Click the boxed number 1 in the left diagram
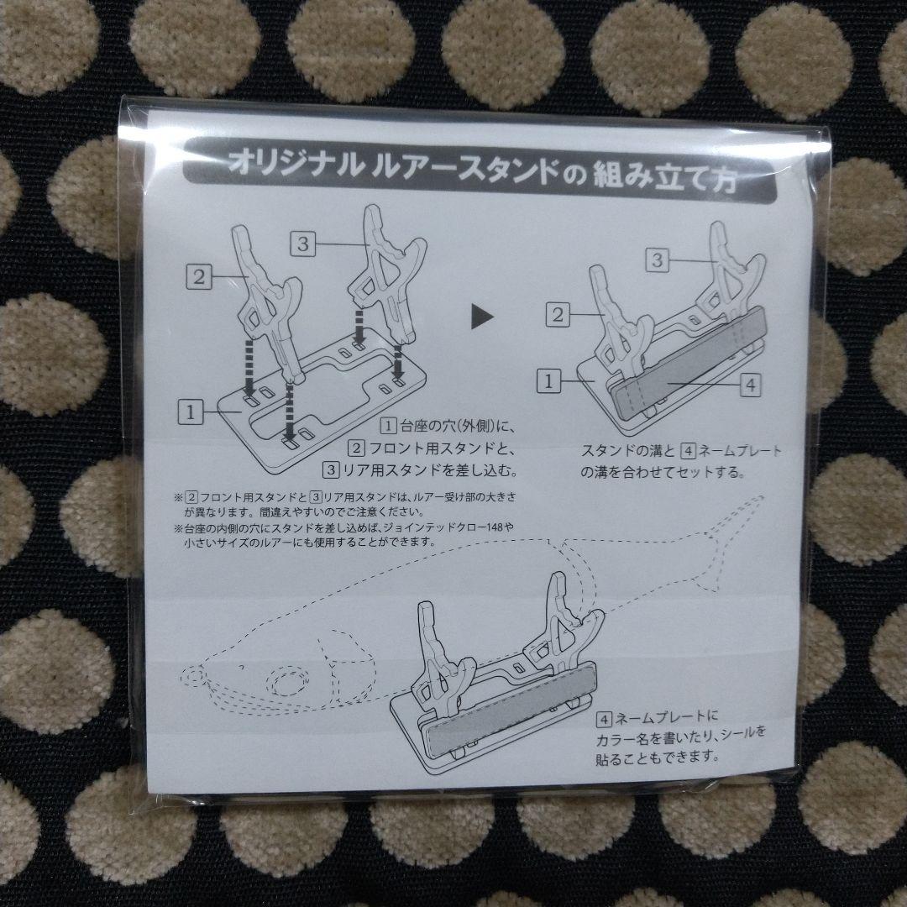(x=191, y=412)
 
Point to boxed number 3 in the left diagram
(x=304, y=243)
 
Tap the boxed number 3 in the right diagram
(x=658, y=260)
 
